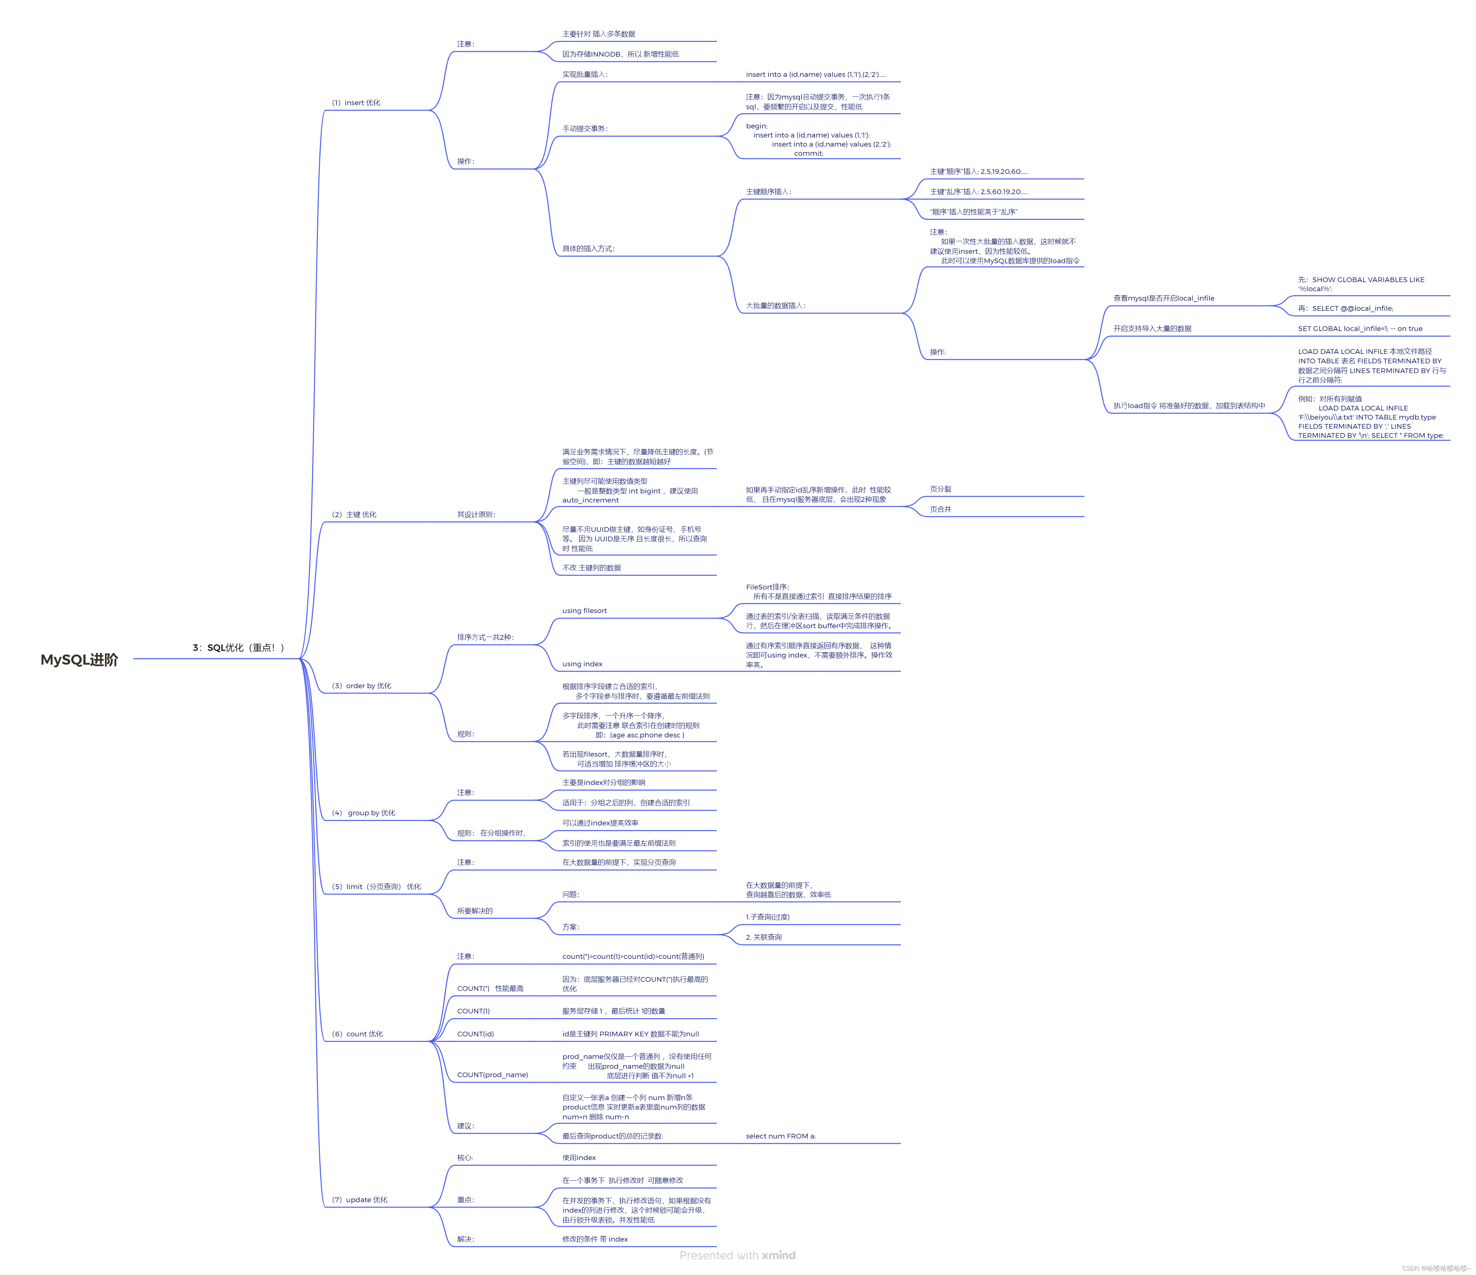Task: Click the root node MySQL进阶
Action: [79, 660]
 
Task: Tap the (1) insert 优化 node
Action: [356, 102]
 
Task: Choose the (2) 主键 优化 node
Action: [354, 514]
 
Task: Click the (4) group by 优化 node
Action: [363, 813]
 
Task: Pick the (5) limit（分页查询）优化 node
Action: [376, 887]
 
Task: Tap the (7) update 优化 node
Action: [360, 1200]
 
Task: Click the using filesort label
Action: [584, 610]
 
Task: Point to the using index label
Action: [582, 664]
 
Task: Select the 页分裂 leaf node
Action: [940, 489]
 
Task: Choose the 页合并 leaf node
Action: [940, 509]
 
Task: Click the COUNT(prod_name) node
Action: [492, 1075]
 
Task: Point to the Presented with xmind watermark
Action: [737, 1255]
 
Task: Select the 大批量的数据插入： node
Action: [776, 306]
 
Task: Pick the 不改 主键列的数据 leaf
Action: [591, 568]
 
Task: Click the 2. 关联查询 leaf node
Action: [764, 937]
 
